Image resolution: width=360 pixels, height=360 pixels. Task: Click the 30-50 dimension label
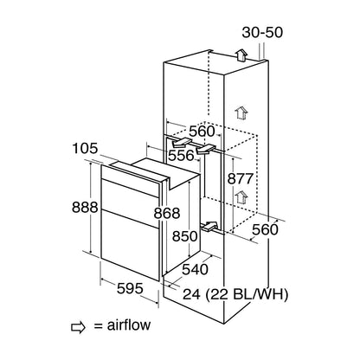262,32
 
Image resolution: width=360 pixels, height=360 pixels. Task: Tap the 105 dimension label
85,149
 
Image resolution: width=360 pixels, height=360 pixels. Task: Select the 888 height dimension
85,207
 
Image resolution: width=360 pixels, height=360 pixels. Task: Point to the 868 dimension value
167,214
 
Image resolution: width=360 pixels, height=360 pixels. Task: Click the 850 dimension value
185,236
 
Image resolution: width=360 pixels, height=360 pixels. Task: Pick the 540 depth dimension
196,269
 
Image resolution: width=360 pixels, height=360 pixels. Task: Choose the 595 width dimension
130,288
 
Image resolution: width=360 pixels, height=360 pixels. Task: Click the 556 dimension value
181,156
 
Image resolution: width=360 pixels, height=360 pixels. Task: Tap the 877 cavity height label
241,179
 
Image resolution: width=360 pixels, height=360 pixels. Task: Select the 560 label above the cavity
202,132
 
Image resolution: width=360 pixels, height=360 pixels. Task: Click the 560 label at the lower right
265,230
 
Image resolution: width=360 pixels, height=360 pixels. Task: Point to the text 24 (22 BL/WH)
235,294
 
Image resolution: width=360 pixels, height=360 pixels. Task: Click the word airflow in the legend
129,325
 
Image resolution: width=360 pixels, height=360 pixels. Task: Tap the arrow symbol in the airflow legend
78,327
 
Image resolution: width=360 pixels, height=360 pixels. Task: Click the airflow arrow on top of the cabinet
241,55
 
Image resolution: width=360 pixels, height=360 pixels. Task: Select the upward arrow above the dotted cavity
241,112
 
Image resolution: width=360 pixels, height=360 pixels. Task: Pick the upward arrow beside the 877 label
241,197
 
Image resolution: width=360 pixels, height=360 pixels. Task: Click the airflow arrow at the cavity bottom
209,226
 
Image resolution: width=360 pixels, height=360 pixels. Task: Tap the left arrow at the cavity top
181,143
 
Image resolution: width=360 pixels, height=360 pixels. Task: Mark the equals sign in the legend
99,326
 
